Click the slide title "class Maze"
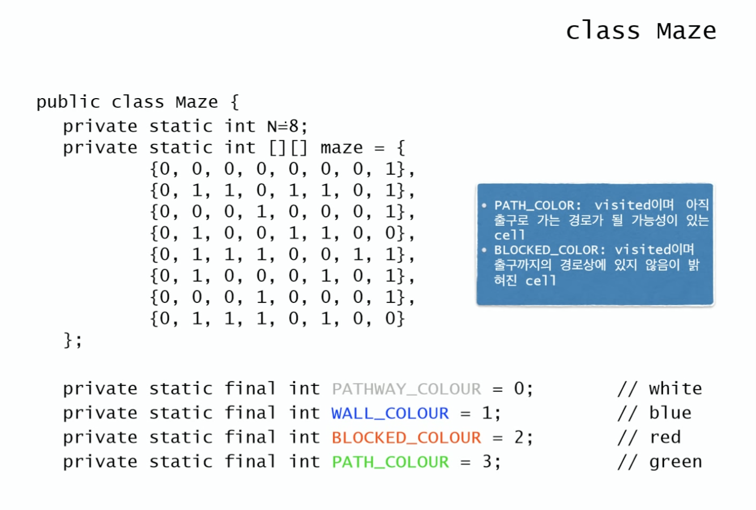click(x=641, y=31)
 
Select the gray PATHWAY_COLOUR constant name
click(x=406, y=389)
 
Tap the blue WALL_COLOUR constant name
click(x=390, y=413)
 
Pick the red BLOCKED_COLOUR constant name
click(x=406, y=437)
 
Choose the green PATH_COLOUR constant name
click(x=390, y=462)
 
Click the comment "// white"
click(x=659, y=389)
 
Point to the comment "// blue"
click(x=654, y=413)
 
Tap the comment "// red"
click(x=649, y=437)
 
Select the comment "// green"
click(x=659, y=462)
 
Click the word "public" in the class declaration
click(x=68, y=102)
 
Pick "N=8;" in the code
click(x=287, y=127)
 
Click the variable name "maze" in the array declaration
click(x=341, y=148)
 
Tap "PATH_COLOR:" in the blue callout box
click(x=538, y=205)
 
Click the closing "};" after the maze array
click(x=73, y=340)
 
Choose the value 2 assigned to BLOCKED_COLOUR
click(x=519, y=437)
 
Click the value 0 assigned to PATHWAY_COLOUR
click(x=519, y=389)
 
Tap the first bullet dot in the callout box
click(x=484, y=205)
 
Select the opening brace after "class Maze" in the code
click(x=235, y=102)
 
